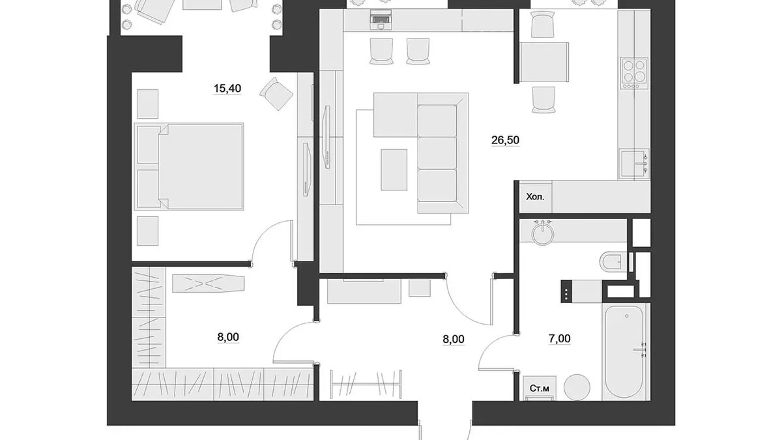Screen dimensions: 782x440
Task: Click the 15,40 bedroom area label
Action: click(x=227, y=89)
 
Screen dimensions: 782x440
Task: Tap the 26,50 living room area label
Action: click(x=505, y=140)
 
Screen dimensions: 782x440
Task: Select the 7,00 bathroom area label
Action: click(x=559, y=339)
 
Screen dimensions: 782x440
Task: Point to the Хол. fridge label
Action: click(x=535, y=197)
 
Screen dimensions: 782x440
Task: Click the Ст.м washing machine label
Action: click(x=539, y=389)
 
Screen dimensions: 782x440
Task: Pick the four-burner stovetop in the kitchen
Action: click(x=634, y=78)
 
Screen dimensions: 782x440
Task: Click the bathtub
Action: click(x=625, y=351)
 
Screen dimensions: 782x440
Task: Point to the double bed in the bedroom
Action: click(x=189, y=167)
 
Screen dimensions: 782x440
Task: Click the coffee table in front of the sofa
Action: click(x=394, y=169)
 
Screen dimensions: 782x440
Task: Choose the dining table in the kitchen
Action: click(x=544, y=63)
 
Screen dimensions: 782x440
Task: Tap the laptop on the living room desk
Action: click(x=381, y=19)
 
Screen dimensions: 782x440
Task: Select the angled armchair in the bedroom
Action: click(x=276, y=94)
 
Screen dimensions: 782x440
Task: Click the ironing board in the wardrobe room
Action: click(x=209, y=284)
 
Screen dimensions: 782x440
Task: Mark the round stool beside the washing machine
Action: click(x=577, y=387)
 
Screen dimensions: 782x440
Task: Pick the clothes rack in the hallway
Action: click(x=366, y=383)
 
